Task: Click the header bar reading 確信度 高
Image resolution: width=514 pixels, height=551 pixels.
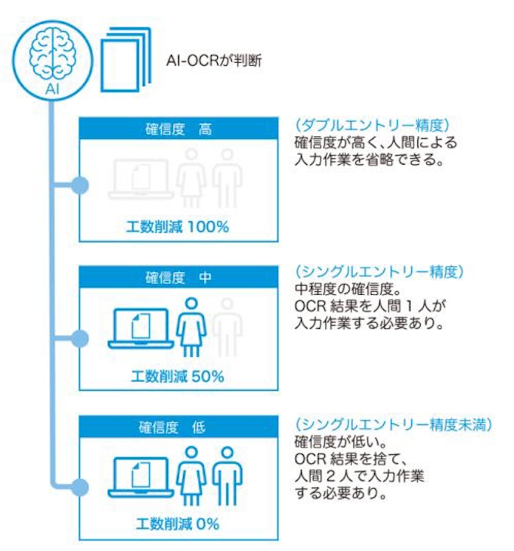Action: [178, 129]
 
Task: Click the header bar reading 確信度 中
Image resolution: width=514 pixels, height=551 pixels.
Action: [178, 277]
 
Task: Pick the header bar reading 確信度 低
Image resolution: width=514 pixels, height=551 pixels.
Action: [178, 427]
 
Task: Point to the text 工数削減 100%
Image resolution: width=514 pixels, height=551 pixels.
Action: [178, 226]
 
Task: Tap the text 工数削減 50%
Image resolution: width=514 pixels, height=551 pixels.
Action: [178, 376]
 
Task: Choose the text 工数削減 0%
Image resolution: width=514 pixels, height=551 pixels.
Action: [178, 523]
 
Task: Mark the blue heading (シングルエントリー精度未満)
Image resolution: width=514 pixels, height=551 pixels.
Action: [393, 424]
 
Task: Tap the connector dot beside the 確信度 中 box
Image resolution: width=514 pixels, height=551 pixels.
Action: [79, 333]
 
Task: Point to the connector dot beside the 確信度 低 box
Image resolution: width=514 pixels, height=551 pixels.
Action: [79, 482]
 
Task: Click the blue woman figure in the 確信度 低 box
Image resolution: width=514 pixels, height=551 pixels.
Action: [191, 475]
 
